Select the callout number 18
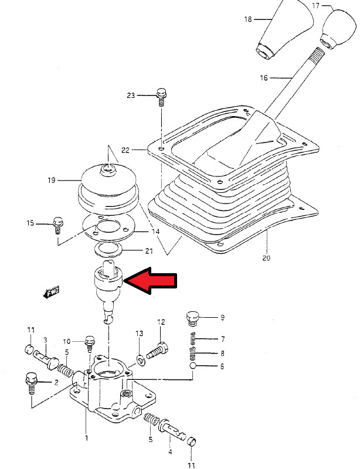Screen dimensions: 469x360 [x=248, y=19]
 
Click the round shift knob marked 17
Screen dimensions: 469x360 [x=336, y=28]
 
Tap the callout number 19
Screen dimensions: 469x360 [x=52, y=180]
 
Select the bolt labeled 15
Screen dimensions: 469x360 [x=57, y=223]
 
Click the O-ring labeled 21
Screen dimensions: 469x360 [x=109, y=251]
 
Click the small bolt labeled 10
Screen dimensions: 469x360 [x=90, y=340]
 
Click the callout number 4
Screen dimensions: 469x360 [x=171, y=452]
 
